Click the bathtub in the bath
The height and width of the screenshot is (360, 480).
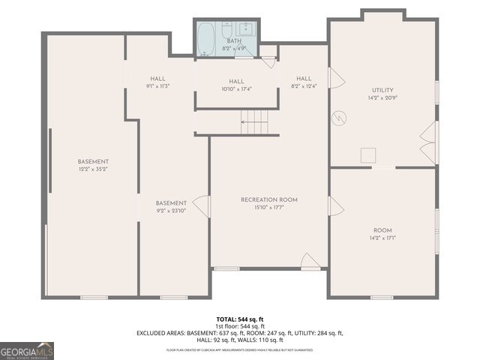(x=207, y=37)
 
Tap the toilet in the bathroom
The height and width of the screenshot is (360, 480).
(x=206, y=54)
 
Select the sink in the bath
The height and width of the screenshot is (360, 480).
(x=246, y=31)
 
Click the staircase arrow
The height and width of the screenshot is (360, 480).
(x=254, y=119)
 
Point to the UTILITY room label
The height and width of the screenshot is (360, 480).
(x=382, y=90)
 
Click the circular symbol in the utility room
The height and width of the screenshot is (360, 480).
(x=340, y=118)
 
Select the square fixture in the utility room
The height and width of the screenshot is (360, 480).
(x=368, y=155)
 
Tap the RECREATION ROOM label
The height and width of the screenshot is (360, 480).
(x=269, y=199)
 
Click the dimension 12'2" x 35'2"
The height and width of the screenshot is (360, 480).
(x=93, y=169)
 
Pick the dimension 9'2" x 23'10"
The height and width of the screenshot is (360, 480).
(x=171, y=211)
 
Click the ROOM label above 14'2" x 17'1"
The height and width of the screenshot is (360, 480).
(x=382, y=230)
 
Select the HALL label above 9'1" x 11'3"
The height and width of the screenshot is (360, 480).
(x=157, y=79)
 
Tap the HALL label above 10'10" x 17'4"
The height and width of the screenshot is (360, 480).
(x=236, y=82)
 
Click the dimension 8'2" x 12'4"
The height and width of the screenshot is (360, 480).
(x=303, y=86)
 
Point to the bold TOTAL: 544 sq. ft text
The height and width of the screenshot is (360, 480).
(x=240, y=319)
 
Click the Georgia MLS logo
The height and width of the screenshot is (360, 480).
(x=27, y=351)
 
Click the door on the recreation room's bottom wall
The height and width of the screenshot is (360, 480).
(x=309, y=261)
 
